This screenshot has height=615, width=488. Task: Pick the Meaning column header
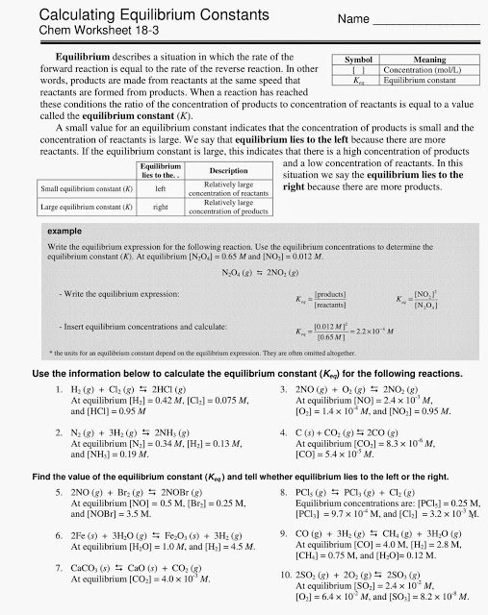click(429, 60)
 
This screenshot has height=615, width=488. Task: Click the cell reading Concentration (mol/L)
click(429, 70)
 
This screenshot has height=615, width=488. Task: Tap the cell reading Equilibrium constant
click(429, 82)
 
